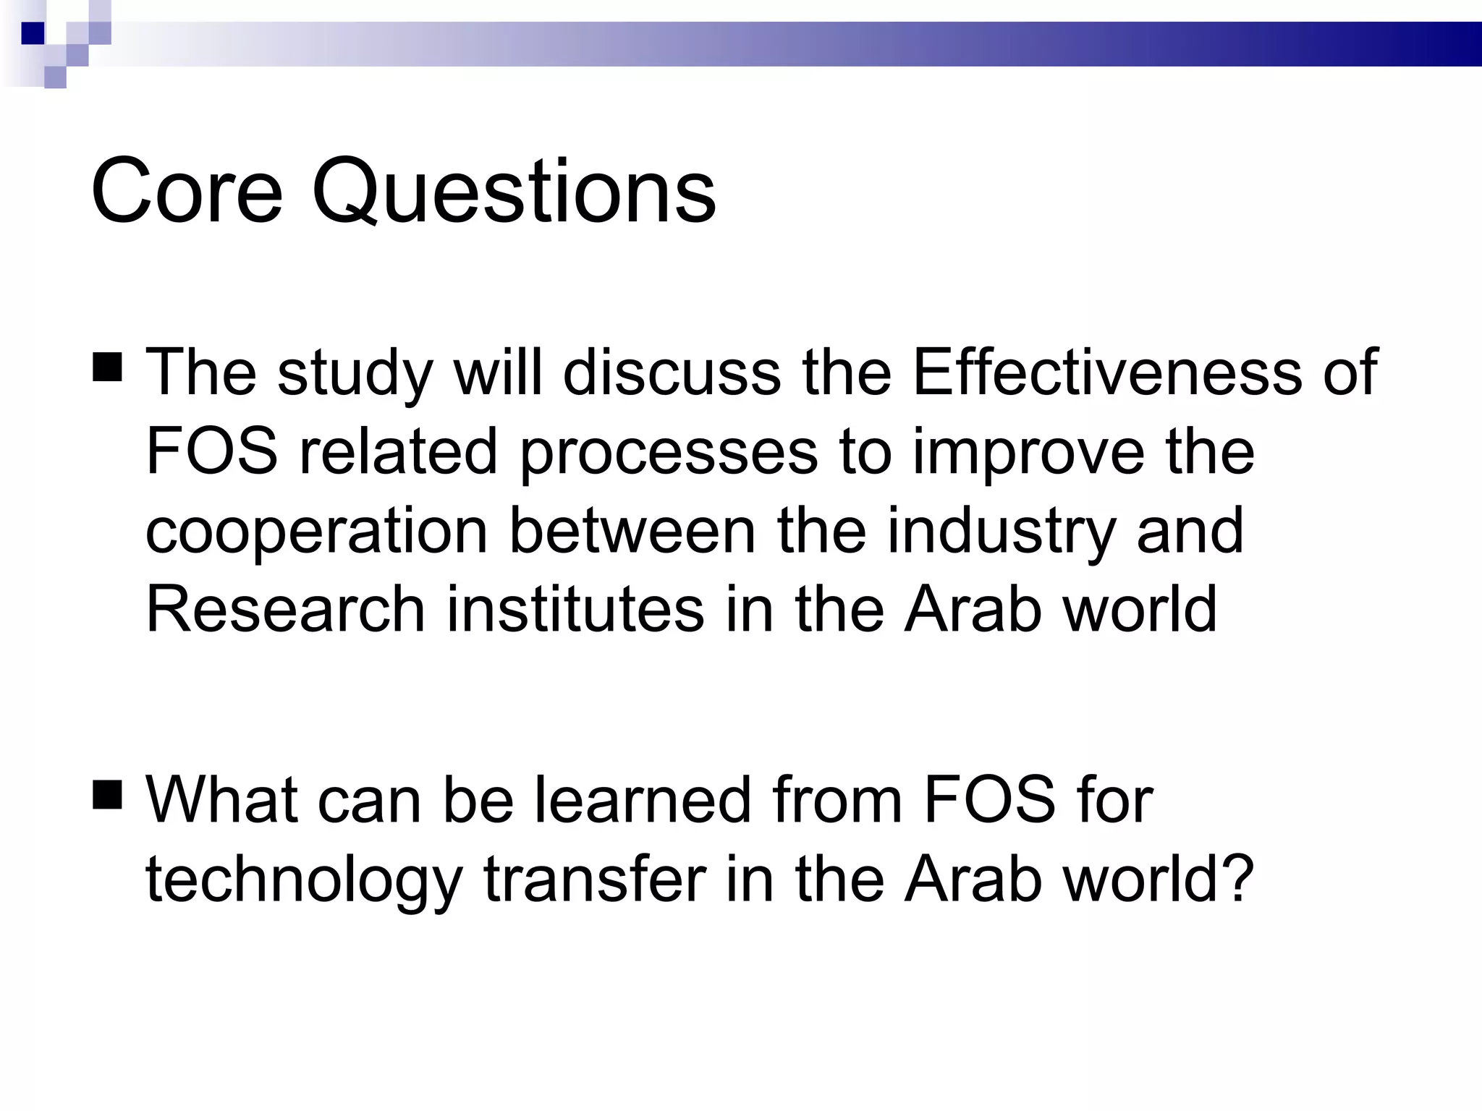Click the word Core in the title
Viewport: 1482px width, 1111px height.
186,192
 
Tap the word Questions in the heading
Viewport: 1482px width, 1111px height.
513,192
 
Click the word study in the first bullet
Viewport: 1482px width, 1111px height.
355,375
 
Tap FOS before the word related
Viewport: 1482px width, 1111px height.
211,451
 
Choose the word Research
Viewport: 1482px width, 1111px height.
285,609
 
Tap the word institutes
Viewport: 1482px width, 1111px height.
575,609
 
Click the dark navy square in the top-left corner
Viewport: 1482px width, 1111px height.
33,33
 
